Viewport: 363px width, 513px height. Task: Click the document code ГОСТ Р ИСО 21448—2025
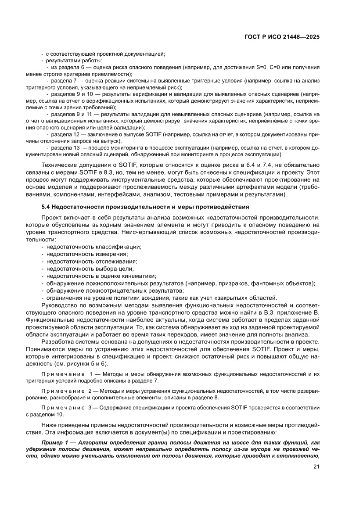pyautogui.click(x=281, y=37)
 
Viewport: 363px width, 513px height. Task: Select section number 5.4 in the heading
pyautogui.click(x=46, y=206)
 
